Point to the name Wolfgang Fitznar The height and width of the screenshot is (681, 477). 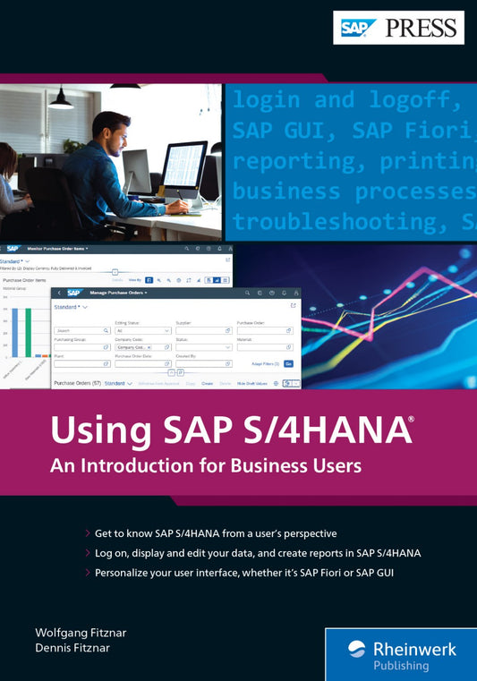pyautogui.click(x=81, y=633)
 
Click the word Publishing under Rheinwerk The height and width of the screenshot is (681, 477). pyautogui.click(x=401, y=666)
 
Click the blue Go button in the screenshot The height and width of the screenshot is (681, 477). pyautogui.click(x=288, y=364)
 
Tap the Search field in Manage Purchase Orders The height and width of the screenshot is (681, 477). pyautogui.click(x=81, y=330)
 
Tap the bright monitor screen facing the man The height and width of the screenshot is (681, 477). pyautogui.click(x=186, y=165)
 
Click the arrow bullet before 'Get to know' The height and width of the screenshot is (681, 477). pyautogui.click(x=86, y=533)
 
